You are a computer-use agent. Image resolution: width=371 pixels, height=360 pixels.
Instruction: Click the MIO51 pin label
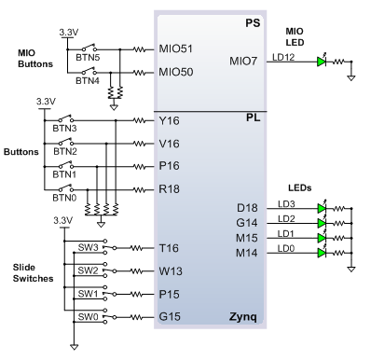coord(175,48)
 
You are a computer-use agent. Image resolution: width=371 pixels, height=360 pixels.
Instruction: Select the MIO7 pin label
coord(243,61)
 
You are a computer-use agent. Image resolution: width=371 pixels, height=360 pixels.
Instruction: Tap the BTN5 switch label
coord(88,58)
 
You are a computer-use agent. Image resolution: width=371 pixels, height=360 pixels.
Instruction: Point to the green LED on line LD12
coord(322,62)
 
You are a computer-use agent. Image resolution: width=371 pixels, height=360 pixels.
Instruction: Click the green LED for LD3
coord(322,208)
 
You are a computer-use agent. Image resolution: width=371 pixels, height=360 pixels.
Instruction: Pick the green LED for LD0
coord(322,253)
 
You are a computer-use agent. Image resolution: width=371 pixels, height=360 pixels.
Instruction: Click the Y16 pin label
coord(169,120)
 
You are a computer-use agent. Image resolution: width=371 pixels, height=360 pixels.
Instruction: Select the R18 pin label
coord(169,188)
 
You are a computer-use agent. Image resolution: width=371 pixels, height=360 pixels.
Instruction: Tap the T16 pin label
coord(169,248)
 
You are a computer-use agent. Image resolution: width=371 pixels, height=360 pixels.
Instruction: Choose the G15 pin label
coord(170,316)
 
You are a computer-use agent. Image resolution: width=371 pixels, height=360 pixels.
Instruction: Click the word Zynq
coord(243,317)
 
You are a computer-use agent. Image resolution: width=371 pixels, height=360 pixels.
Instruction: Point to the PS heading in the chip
coord(253,23)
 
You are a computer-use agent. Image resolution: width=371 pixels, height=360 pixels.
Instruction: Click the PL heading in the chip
coord(253,118)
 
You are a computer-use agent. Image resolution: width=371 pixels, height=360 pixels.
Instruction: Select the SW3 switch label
coord(88,247)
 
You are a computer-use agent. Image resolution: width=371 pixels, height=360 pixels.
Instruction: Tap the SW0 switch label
coord(88,317)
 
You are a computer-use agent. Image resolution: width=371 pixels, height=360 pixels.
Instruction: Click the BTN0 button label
coord(64,198)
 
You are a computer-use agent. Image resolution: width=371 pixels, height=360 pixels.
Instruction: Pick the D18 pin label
coord(247,208)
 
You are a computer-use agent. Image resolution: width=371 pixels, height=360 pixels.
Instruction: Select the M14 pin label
coord(247,253)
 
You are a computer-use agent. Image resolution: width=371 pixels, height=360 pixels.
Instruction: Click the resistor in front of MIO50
coord(139,73)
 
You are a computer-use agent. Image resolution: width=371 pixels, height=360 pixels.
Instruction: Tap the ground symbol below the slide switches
coord(74,347)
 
